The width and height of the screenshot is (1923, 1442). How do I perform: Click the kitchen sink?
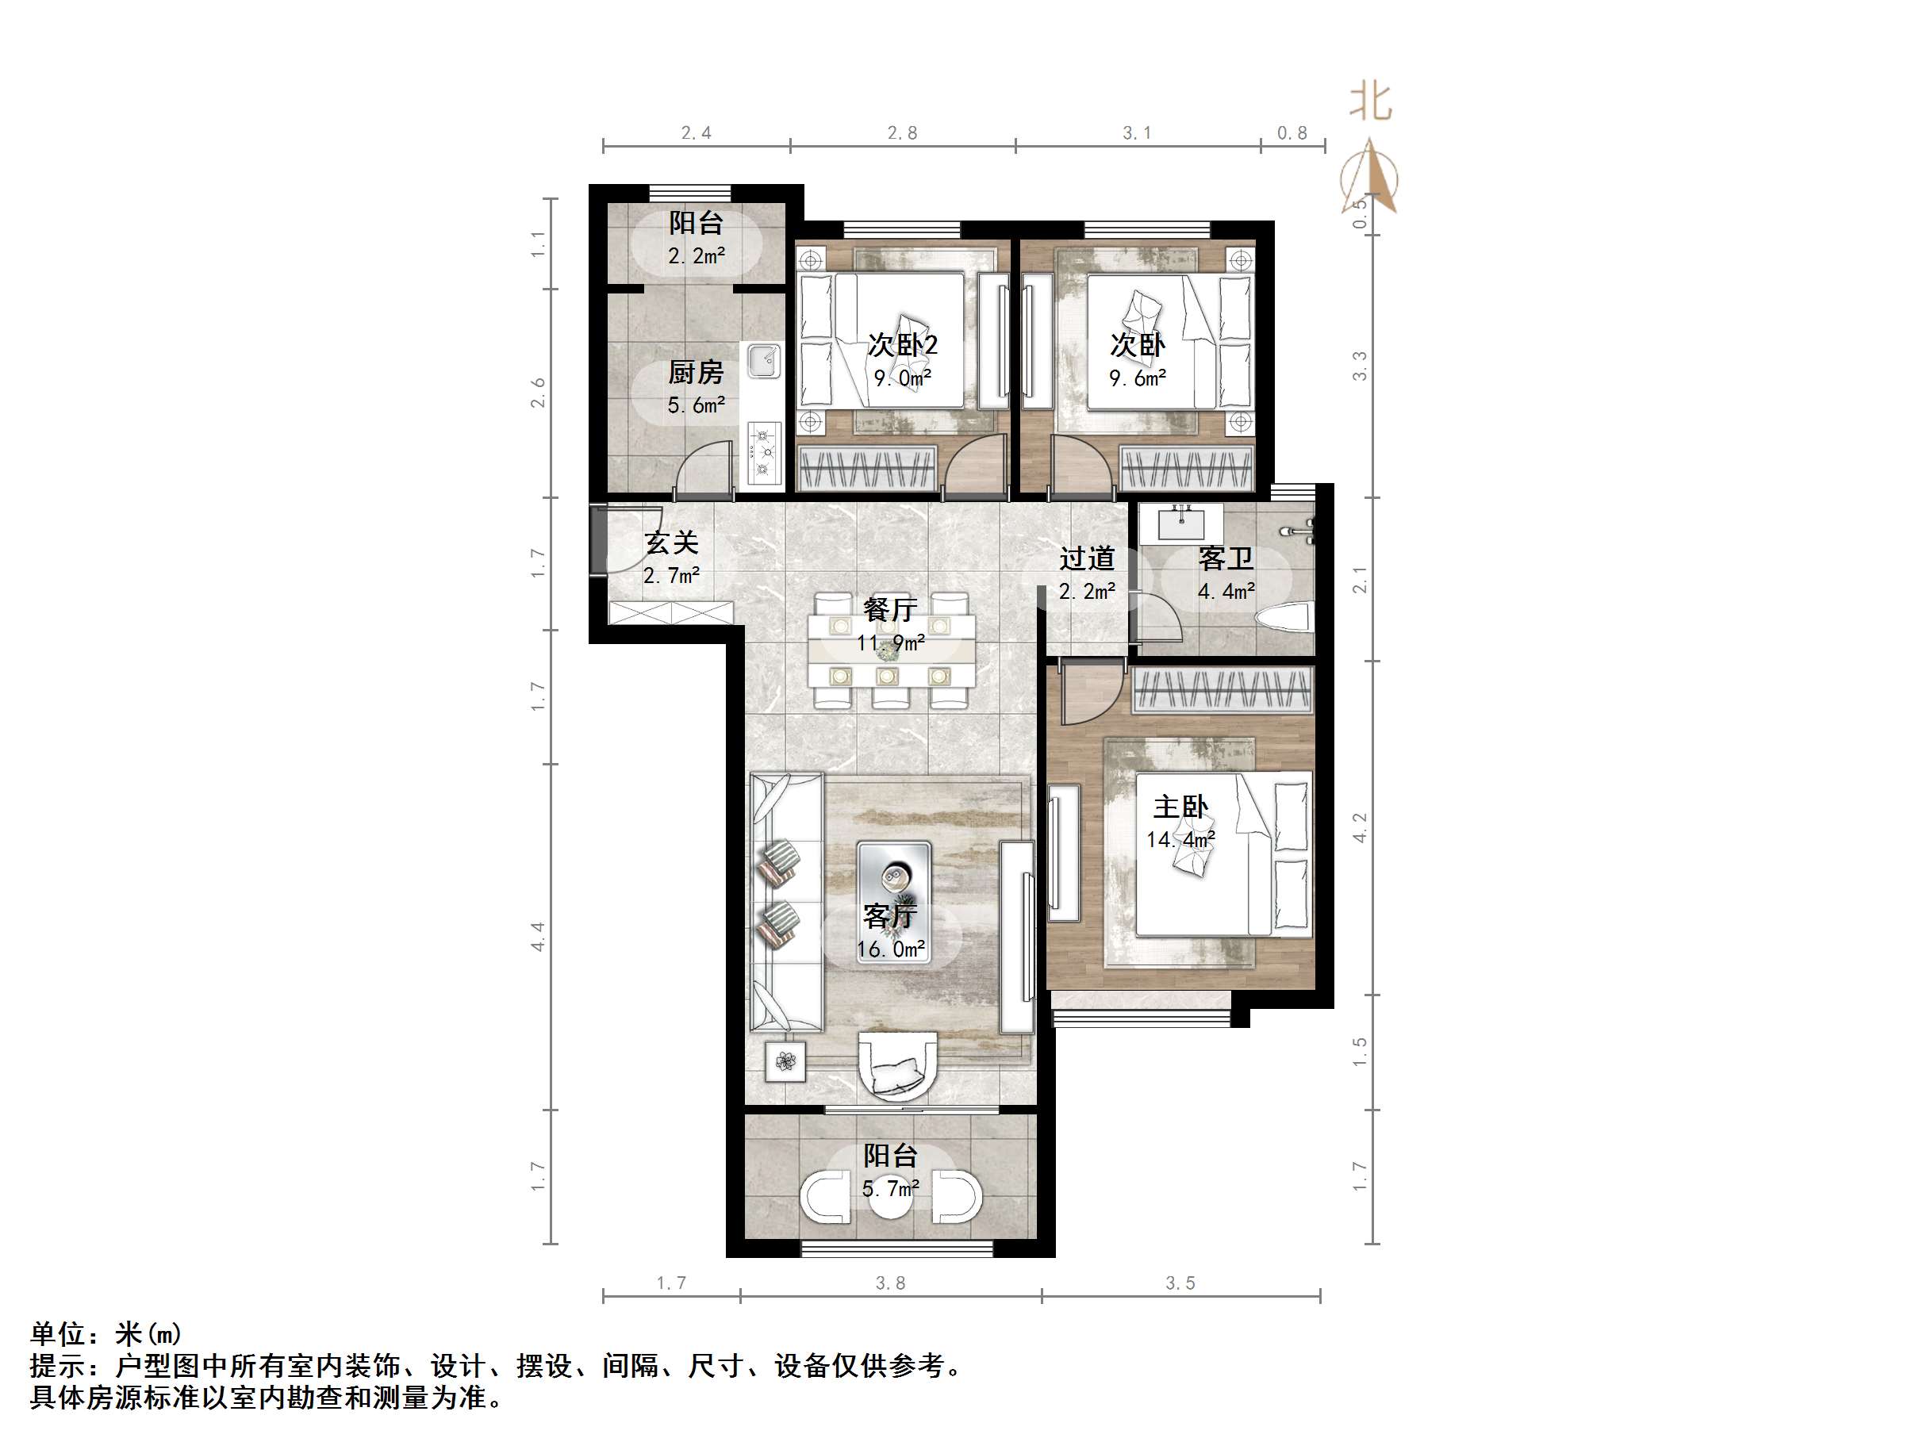764,361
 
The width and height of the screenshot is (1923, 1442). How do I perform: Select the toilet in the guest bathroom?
1284,619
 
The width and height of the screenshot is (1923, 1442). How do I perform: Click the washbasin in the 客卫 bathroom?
1181,524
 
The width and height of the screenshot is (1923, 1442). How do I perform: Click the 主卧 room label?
1180,807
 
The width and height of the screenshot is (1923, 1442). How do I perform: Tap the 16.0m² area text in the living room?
890,949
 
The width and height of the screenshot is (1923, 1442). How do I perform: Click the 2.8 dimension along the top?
902,133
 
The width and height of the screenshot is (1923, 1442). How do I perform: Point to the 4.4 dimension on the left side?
538,936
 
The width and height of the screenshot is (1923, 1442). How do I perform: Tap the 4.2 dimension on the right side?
1360,827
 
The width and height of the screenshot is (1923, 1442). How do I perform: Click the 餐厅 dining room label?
890,609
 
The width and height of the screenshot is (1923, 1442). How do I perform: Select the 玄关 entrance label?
671,543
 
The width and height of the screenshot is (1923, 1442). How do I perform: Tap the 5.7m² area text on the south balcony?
890,1188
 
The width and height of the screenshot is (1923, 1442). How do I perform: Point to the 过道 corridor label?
1087,558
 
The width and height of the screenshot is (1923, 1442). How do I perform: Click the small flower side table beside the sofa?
786,1060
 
